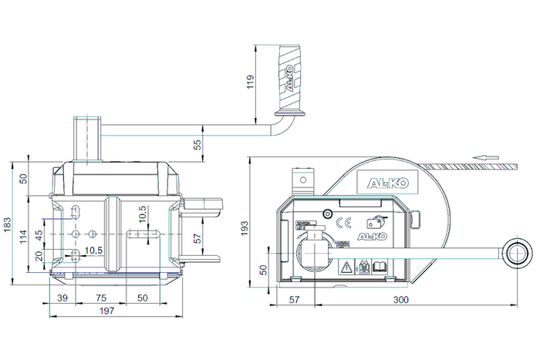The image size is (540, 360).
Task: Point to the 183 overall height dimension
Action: pyautogui.click(x=8, y=224)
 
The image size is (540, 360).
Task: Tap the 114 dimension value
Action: pyautogui.click(x=24, y=240)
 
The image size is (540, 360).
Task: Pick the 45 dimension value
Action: pyautogui.click(x=39, y=234)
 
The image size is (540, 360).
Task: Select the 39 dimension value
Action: pyautogui.click(x=62, y=297)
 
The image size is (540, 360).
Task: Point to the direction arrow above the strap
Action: pyautogui.click(x=483, y=157)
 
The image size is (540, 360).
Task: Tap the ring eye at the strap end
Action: pyautogui.click(x=515, y=252)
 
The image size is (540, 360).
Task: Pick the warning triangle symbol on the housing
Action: pyautogui.click(x=347, y=267)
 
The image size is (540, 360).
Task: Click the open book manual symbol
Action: pyautogui.click(x=379, y=267)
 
